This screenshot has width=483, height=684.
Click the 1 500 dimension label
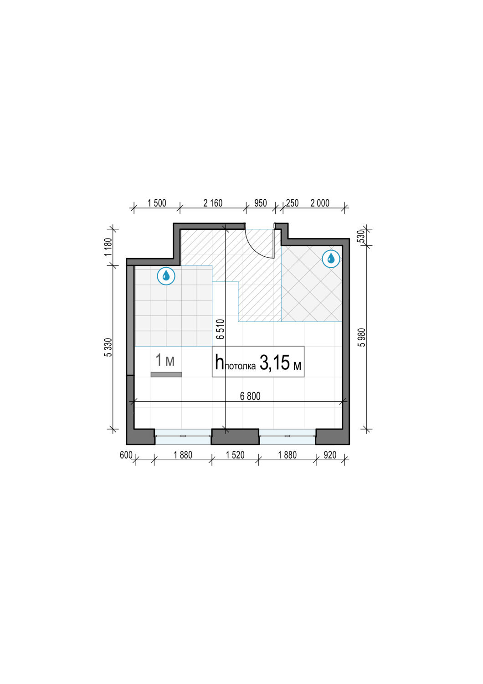click(157, 203)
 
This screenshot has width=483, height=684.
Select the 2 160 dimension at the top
click(213, 203)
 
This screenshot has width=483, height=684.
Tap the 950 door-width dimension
click(261, 203)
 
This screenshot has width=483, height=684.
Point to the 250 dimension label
click(292, 203)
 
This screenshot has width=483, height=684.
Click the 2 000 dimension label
click(320, 203)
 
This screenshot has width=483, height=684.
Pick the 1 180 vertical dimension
click(108, 247)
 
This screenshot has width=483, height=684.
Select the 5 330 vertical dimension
click(108, 347)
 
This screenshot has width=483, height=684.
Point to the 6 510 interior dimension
click(220, 329)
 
